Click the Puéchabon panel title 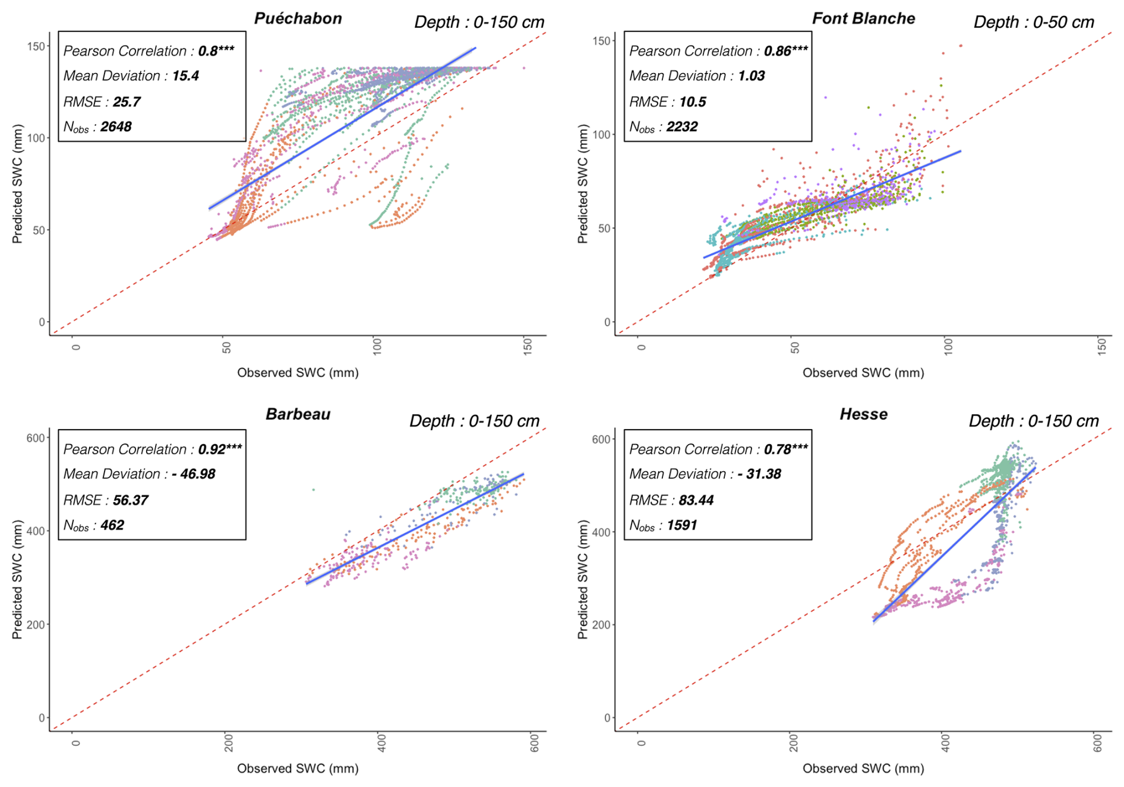click(298, 18)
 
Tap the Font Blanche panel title click(863, 18)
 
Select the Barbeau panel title click(298, 414)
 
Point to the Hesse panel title click(863, 414)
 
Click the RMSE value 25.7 click(127, 101)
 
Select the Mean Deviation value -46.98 click(193, 474)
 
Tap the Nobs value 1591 click(681, 525)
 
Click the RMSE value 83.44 click(696, 500)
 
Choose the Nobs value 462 click(112, 525)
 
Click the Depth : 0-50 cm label click(1034, 23)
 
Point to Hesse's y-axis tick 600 click(601, 439)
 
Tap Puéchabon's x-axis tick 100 click(377, 346)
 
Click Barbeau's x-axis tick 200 click(229, 742)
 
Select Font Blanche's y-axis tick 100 click(602, 134)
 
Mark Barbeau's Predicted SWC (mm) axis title click(17, 579)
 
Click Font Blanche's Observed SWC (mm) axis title click(863, 373)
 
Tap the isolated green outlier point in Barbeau click(314, 490)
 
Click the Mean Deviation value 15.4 click(185, 76)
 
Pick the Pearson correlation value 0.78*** click(785, 449)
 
